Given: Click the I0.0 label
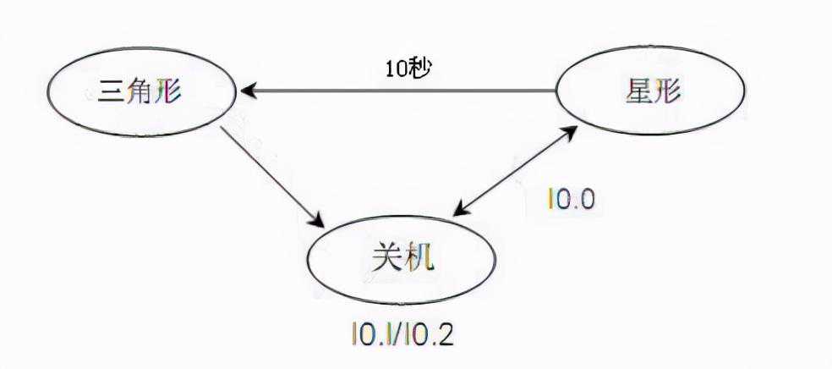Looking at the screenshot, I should [x=572, y=200].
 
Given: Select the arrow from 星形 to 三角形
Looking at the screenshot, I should [x=397, y=91].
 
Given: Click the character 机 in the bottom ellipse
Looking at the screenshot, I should [x=418, y=256].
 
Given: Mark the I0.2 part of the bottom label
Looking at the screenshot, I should [x=432, y=334].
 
